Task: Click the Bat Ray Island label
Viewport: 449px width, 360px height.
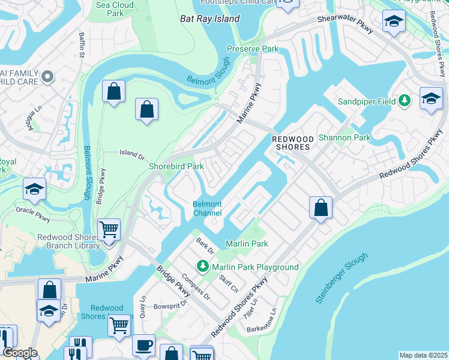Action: click(209, 19)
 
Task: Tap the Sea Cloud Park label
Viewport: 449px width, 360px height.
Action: click(115, 9)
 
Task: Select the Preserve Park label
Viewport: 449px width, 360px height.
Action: click(253, 49)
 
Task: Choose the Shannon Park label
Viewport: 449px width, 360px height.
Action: click(345, 137)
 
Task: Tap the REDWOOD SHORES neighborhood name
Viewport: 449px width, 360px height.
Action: click(292, 143)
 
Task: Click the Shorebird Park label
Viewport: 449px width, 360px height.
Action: click(176, 166)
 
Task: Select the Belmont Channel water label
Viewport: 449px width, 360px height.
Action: click(207, 208)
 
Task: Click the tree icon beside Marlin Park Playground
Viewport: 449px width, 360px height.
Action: click(203, 266)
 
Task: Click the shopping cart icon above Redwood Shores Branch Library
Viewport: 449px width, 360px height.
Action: click(109, 229)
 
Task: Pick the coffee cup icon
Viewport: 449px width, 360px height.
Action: click(143, 345)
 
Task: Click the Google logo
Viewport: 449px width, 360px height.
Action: click(19, 353)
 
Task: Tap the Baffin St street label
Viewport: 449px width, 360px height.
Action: click(82, 43)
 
